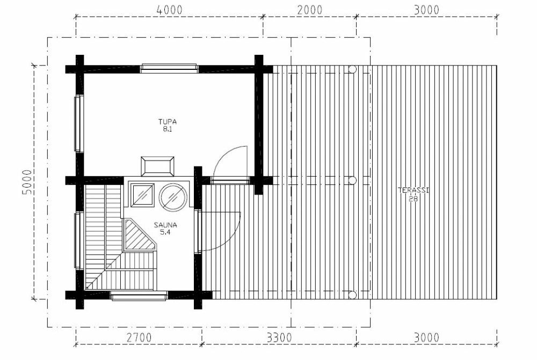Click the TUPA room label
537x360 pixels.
coord(167,121)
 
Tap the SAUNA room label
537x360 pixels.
coord(165,225)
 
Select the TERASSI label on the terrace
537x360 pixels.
coord(413,190)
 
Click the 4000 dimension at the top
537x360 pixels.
coord(170,10)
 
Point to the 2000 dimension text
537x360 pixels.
coord(310,10)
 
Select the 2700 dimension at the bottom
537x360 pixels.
coord(139,337)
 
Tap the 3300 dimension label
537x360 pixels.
coord(279,337)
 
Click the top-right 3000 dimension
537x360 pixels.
coord(426,10)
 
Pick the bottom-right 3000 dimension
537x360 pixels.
coord(426,337)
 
